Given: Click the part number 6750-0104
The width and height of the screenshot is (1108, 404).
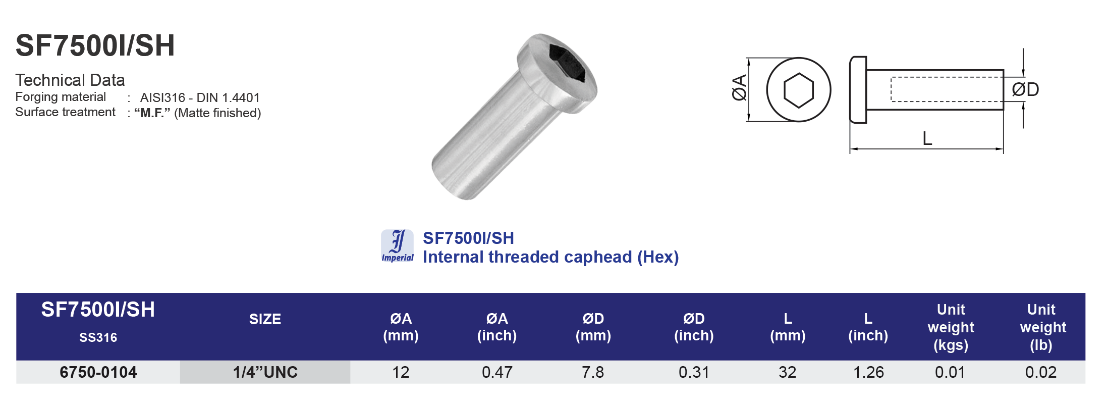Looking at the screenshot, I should [98, 372].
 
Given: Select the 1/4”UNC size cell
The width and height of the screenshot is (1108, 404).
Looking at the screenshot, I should [265, 372].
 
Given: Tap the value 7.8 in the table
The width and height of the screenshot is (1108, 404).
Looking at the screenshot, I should [592, 372].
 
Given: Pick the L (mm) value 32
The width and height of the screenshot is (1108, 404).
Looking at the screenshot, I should [787, 372].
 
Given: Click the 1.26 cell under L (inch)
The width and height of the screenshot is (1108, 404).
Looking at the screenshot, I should [868, 372].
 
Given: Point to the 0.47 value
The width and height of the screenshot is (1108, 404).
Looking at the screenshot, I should [496, 372].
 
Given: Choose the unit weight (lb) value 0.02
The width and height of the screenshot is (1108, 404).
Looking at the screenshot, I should [1040, 372].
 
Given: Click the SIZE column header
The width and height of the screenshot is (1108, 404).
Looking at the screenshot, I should [265, 319].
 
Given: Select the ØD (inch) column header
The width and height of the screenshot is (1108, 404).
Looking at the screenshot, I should [694, 327].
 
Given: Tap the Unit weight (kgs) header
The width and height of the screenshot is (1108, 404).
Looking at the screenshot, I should [951, 327].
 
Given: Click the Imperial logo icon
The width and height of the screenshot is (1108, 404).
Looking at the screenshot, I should [398, 246].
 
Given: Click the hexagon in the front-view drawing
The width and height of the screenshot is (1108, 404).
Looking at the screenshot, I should [798, 90].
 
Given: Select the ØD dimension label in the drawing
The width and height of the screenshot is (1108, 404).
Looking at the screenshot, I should [1025, 89].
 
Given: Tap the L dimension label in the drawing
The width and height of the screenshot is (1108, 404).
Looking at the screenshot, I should [927, 138].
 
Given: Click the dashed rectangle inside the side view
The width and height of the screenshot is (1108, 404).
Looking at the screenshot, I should [946, 89].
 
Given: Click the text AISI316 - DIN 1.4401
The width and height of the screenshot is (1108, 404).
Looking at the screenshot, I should [200, 97].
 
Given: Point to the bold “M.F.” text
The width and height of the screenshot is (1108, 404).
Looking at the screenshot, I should [152, 113].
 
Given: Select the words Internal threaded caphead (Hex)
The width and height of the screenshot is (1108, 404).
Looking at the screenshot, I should [550, 257].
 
